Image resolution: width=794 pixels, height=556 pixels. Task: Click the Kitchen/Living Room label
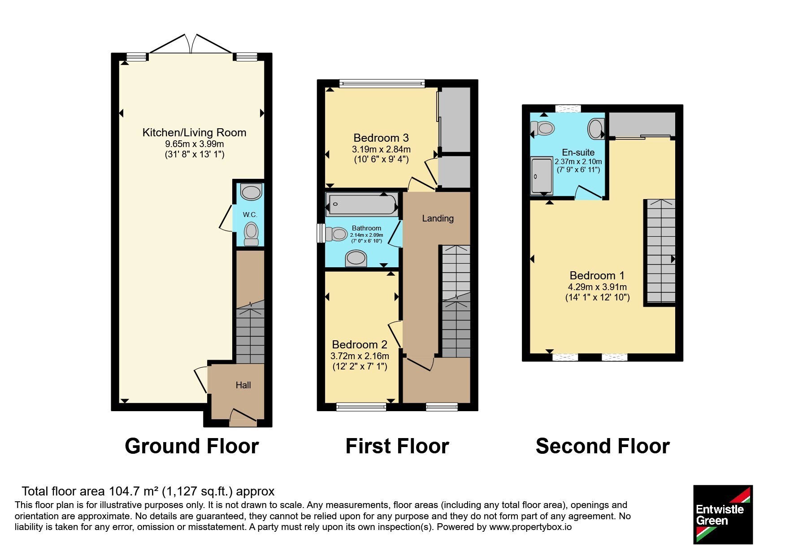(x=194, y=132)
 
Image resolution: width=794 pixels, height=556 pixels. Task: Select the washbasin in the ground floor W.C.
(x=251, y=191)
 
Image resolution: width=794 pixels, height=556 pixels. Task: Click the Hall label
(x=243, y=385)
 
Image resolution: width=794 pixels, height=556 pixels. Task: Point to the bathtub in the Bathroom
(x=362, y=204)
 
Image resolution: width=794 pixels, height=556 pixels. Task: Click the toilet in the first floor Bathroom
(x=336, y=234)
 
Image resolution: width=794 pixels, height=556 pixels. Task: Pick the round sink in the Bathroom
(x=356, y=259)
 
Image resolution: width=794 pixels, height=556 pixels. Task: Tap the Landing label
(x=438, y=218)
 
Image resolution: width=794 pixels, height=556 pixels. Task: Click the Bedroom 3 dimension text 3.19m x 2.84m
(x=381, y=149)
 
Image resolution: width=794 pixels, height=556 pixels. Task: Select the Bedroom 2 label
(x=360, y=344)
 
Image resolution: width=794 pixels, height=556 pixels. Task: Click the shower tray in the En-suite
(x=542, y=176)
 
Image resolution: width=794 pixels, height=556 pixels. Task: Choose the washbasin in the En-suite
(x=596, y=129)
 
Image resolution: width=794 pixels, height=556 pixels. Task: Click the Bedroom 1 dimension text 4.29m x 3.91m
(x=597, y=287)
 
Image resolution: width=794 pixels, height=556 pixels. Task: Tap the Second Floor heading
(x=603, y=446)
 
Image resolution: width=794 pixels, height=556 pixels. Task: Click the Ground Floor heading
(x=192, y=446)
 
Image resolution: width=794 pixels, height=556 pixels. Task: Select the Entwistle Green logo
(x=723, y=514)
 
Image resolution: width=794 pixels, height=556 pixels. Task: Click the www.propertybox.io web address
(x=530, y=527)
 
